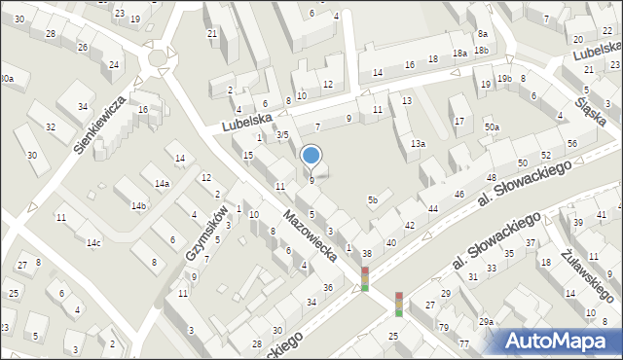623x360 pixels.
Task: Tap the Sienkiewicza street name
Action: point(101,125)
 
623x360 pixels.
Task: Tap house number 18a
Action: point(459,54)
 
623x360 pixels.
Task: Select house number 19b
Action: point(503,78)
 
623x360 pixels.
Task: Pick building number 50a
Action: point(493,127)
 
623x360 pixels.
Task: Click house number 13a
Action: point(418,143)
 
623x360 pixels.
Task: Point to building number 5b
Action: point(372,200)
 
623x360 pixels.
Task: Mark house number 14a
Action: point(162,183)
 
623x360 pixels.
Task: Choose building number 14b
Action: point(139,205)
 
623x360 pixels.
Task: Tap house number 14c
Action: point(93,241)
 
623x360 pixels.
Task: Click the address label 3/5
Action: point(282,134)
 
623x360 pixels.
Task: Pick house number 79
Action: point(444,327)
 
